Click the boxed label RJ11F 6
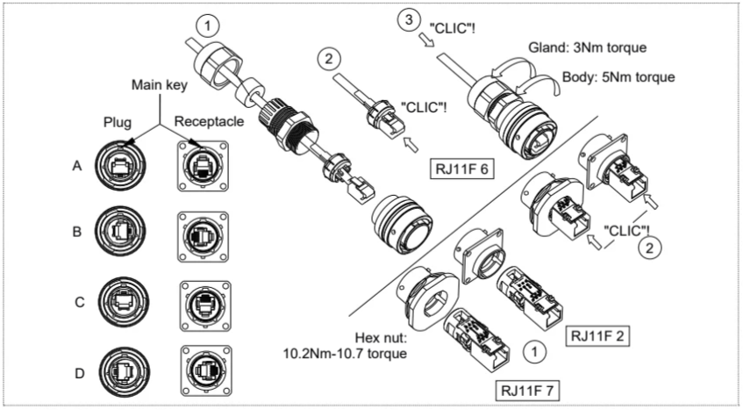point(462,169)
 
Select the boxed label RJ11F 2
point(597,336)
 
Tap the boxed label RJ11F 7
point(527,391)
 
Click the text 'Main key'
point(160,85)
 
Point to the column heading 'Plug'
point(117,122)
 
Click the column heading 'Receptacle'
point(209,121)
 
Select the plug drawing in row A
point(120,165)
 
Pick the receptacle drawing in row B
point(203,236)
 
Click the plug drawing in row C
point(124,302)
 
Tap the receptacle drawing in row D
point(206,370)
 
